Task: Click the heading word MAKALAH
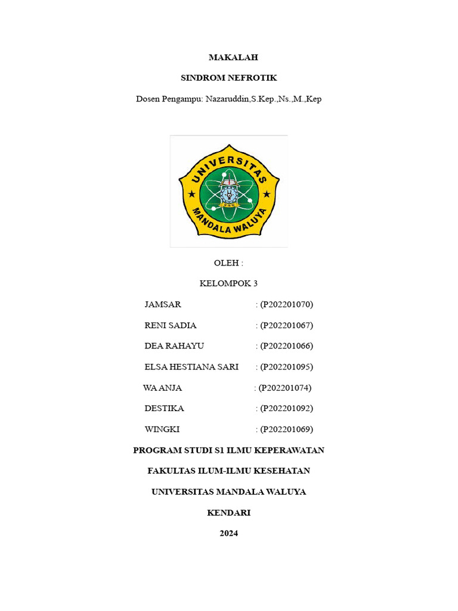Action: (229, 57)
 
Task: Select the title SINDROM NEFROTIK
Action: (229, 78)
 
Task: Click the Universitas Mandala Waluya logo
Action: (229, 191)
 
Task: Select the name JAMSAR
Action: (163, 305)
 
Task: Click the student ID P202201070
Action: (286, 305)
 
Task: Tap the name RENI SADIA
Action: (171, 326)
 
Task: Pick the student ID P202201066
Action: (286, 346)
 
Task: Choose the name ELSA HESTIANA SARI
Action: (191, 367)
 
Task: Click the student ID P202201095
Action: (286, 367)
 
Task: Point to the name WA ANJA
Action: (162, 388)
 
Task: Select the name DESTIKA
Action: (165, 409)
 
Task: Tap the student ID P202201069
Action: (286, 430)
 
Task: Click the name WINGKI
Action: (162, 430)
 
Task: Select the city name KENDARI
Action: (229, 513)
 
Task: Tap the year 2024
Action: (229, 533)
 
